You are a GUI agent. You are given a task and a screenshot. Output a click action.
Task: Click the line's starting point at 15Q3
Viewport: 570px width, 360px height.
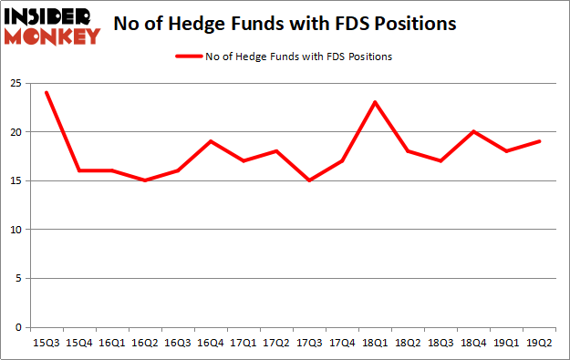tap(47, 93)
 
